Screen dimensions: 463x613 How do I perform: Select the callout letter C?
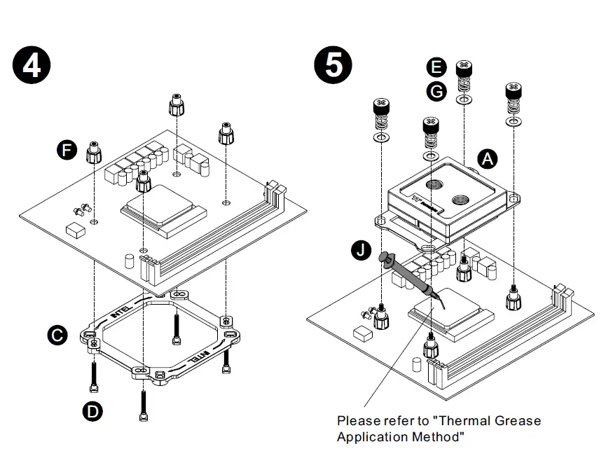tap(57, 336)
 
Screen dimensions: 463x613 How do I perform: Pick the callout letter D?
tap(92, 411)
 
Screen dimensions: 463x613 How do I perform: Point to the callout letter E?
tap(436, 67)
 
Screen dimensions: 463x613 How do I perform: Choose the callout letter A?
tap(487, 159)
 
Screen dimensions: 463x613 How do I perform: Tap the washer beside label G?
tap(463, 100)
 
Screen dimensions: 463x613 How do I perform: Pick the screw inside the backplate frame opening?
tap(175, 329)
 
